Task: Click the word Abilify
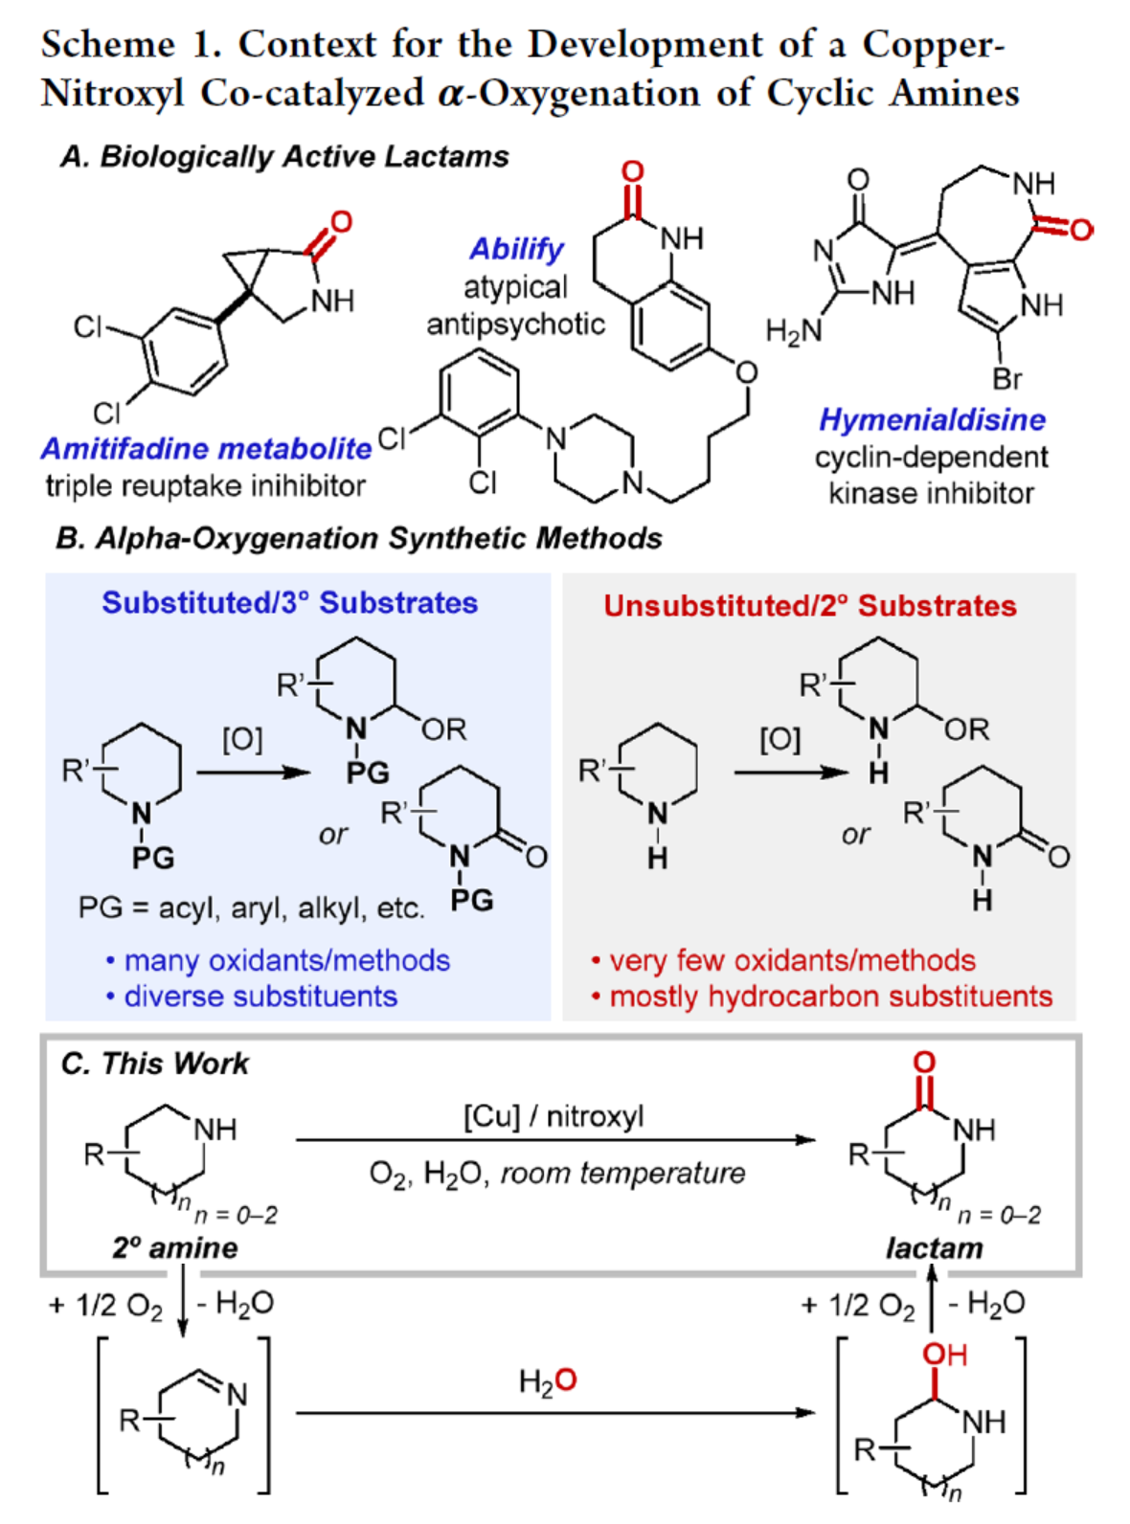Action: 516,249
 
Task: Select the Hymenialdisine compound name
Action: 931,419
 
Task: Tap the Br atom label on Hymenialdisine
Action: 1006,380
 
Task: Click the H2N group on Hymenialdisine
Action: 793,331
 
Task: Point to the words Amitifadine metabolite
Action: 206,448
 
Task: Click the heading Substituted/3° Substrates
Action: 289,603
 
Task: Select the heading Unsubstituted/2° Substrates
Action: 809,606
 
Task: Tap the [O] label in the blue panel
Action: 242,739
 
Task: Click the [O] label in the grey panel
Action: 780,739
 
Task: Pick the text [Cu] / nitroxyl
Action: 554,1116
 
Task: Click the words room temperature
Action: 622,1173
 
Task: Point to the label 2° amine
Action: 175,1248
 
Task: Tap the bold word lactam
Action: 934,1248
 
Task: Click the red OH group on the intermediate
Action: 944,1355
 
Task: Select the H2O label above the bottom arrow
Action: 548,1380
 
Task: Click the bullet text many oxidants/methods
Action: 286,960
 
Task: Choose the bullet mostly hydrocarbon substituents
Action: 830,997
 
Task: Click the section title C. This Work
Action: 154,1064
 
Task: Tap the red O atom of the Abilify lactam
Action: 632,172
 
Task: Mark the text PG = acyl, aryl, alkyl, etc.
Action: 251,908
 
